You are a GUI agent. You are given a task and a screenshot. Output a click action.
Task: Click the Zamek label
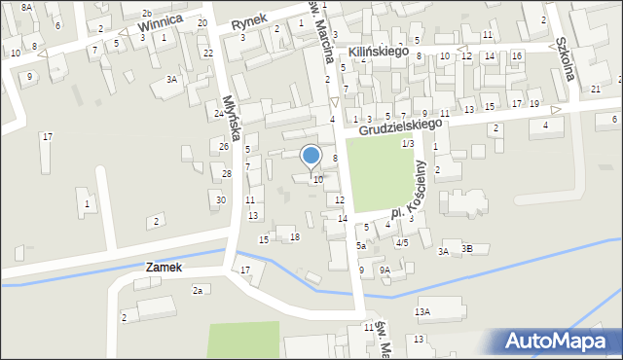165,266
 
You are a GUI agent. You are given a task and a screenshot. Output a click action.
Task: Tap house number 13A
422,311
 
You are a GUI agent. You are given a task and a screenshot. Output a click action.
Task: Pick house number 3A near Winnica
172,79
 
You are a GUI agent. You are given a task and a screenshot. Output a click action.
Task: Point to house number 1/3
408,143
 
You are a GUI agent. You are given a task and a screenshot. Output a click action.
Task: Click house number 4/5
401,242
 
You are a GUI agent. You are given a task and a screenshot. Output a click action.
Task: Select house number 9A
385,270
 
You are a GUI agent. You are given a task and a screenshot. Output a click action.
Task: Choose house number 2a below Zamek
198,290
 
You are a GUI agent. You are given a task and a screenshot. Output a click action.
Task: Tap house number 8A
26,7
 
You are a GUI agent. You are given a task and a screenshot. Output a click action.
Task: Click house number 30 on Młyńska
221,199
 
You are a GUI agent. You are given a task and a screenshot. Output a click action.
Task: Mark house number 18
295,237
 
